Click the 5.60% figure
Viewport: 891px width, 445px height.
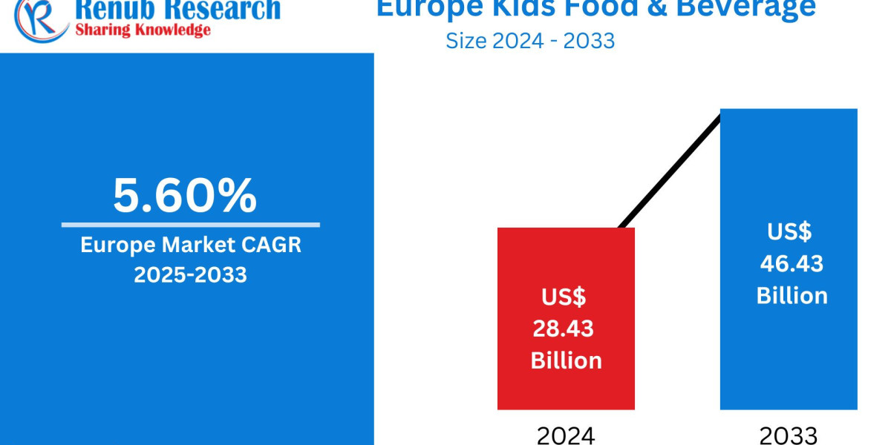click(x=185, y=196)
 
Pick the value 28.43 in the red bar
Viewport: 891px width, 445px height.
click(x=564, y=329)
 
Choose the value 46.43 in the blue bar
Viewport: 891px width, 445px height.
click(x=792, y=263)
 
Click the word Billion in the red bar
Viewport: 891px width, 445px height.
click(x=566, y=360)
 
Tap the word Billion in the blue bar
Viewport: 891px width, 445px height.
click(x=792, y=295)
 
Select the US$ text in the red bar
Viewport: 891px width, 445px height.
click(x=564, y=297)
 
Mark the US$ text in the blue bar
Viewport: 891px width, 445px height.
click(x=789, y=231)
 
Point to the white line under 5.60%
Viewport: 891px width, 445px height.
click(x=190, y=225)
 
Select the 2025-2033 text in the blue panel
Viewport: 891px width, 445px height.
click(x=190, y=274)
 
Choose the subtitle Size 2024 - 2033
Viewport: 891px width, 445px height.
click(x=530, y=40)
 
